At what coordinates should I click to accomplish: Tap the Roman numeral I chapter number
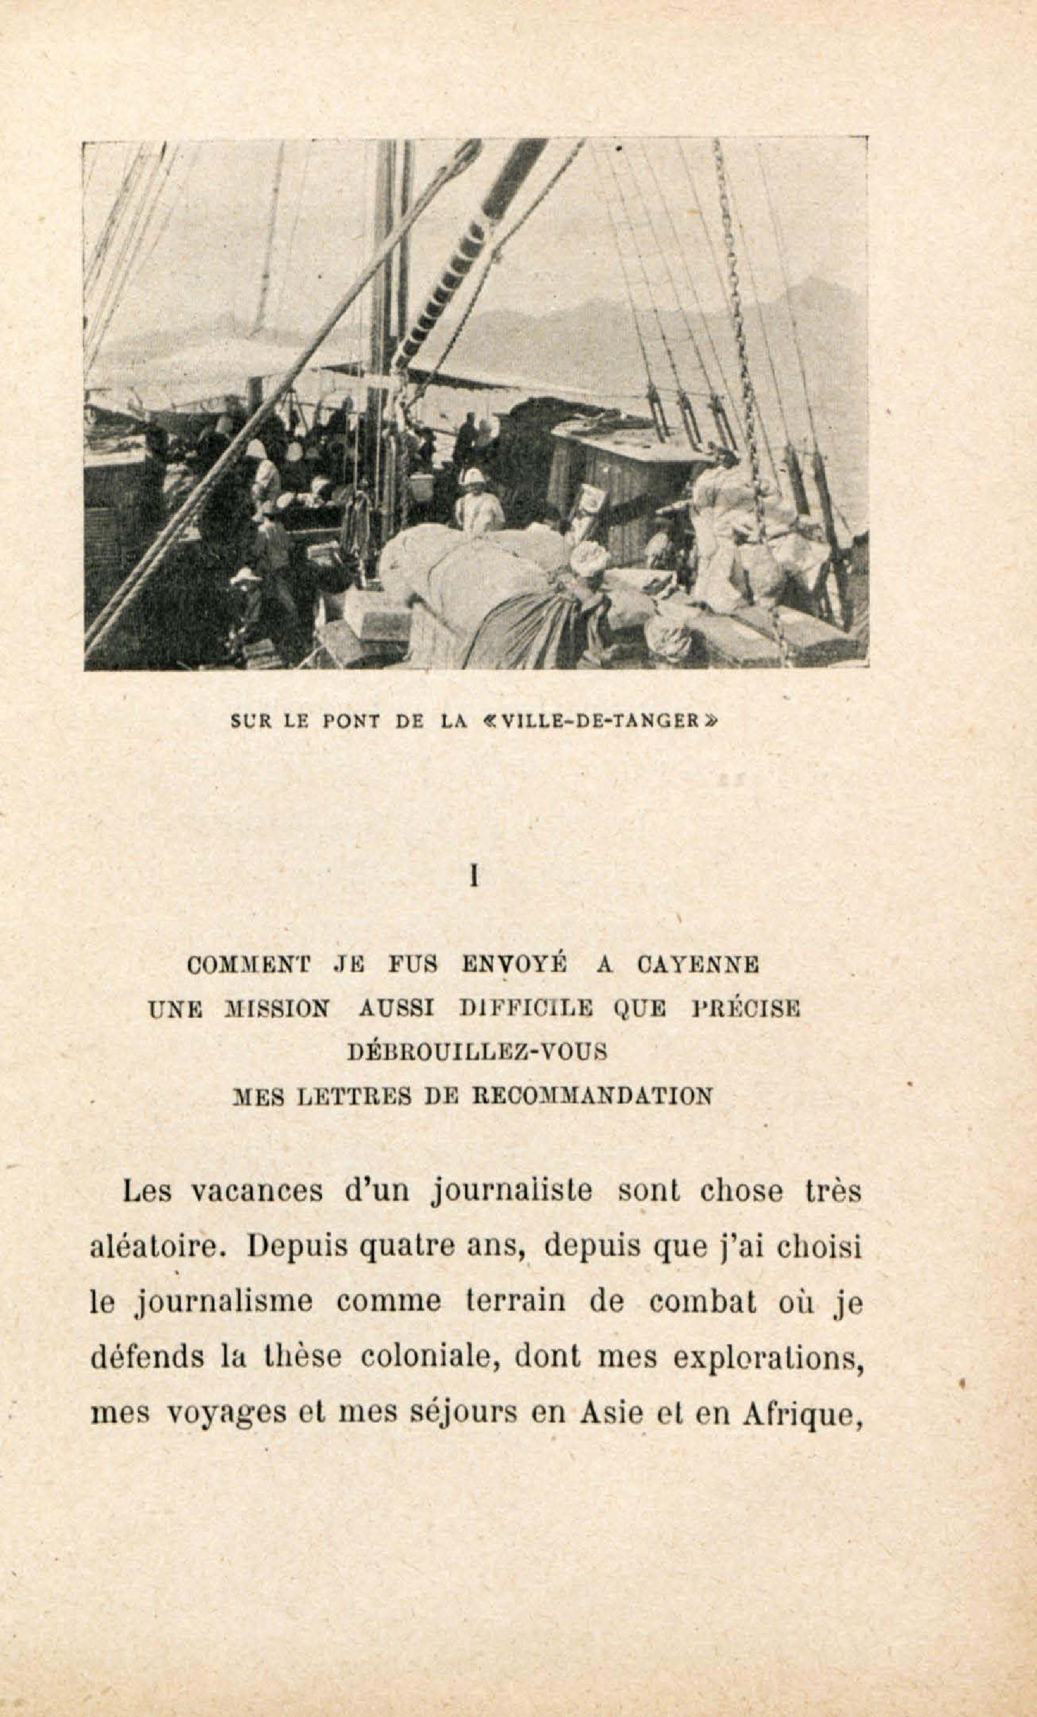click(474, 879)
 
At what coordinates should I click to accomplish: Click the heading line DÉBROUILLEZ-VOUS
click(477, 1051)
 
